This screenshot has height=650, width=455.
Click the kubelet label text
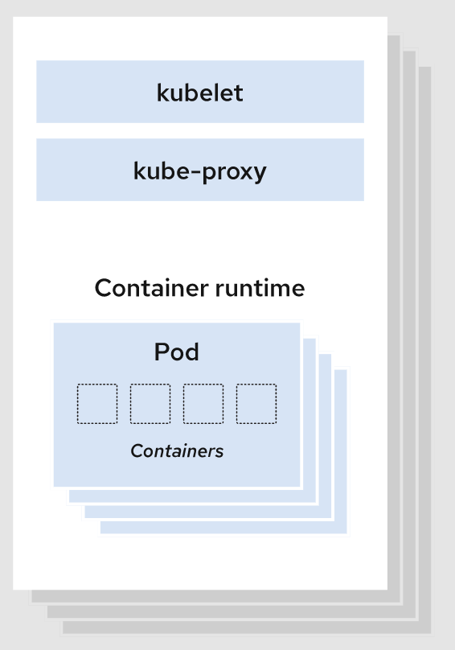[199, 93]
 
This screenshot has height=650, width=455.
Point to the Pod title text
[176, 352]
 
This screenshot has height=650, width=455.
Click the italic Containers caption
[177, 451]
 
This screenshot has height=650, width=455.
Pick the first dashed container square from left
[97, 404]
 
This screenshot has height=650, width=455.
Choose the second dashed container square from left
[150, 404]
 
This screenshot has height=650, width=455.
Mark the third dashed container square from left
[203, 404]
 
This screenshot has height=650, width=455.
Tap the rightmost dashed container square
[256, 404]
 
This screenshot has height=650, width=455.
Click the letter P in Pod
[161, 352]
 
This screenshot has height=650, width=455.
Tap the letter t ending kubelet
[239, 93]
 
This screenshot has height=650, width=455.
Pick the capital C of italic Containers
[136, 451]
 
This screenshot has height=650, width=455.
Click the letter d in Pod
[191, 352]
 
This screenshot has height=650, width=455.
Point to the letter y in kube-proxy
[260, 174]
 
